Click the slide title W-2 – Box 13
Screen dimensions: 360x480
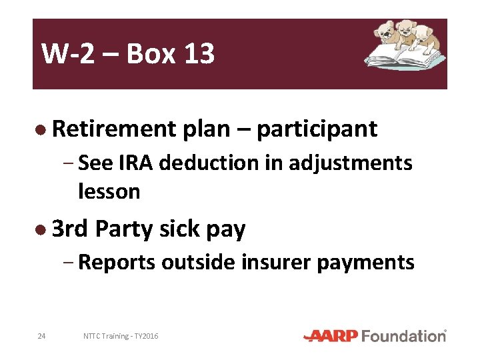[x=127, y=54]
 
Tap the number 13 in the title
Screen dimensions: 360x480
[x=198, y=54]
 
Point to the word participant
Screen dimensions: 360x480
[x=317, y=129]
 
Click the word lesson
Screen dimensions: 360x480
[x=109, y=192]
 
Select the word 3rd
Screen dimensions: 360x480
[x=70, y=229]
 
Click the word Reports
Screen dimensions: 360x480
[x=117, y=263]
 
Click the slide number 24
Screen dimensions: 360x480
[x=41, y=336]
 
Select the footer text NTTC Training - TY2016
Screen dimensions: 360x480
[x=121, y=336]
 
